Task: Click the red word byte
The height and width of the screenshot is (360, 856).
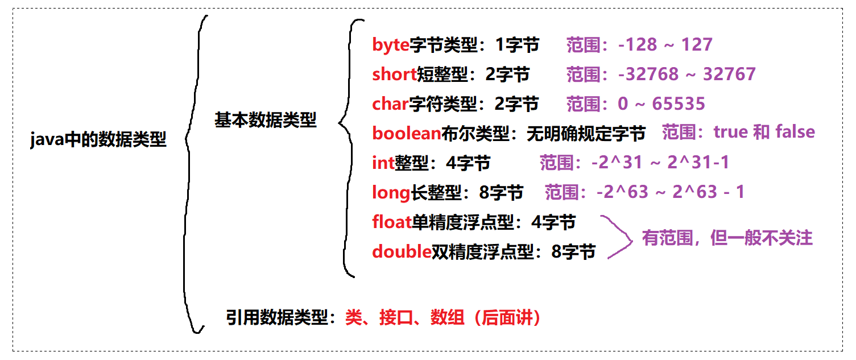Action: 390,45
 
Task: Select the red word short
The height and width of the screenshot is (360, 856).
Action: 394,75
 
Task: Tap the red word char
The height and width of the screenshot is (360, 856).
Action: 390,104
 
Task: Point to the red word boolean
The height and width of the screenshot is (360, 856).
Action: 406,133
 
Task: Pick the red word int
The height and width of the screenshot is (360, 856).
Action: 383,164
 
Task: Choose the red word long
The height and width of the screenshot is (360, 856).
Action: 391,193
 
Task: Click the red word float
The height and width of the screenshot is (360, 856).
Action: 391,222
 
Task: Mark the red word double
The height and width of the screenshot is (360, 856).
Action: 402,251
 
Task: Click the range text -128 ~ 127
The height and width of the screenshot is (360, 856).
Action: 665,45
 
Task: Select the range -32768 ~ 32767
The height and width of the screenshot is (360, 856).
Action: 687,75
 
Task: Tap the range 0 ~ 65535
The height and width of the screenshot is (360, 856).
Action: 661,104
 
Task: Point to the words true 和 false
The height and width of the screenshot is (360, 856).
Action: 764,133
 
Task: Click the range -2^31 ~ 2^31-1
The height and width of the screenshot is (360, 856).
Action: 660,163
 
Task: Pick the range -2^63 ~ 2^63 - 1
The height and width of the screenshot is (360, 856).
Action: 670,192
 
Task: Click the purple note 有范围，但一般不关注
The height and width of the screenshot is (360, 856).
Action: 727,238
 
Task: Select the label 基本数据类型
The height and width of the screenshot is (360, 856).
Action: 265,121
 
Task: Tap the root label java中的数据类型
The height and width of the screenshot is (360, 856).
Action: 98,139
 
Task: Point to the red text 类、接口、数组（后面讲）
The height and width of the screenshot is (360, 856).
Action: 443,318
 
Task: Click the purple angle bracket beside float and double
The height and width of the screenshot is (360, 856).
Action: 620,237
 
